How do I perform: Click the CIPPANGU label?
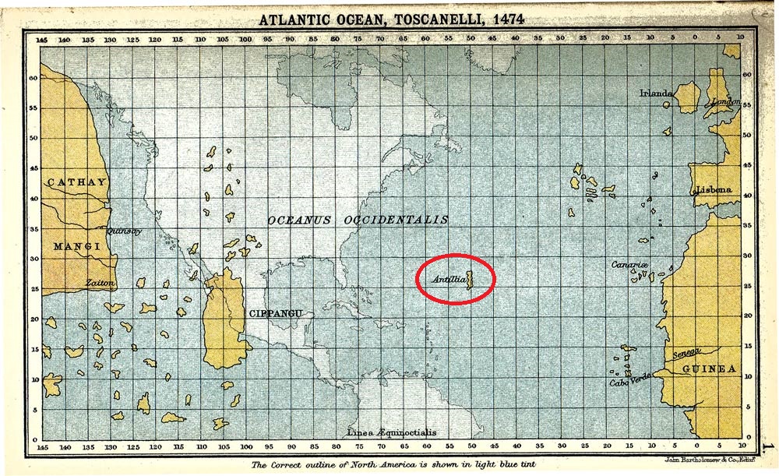274,313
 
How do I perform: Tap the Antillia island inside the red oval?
470,277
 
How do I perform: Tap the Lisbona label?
714,190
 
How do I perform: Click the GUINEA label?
709,368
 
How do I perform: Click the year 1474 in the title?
502,19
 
